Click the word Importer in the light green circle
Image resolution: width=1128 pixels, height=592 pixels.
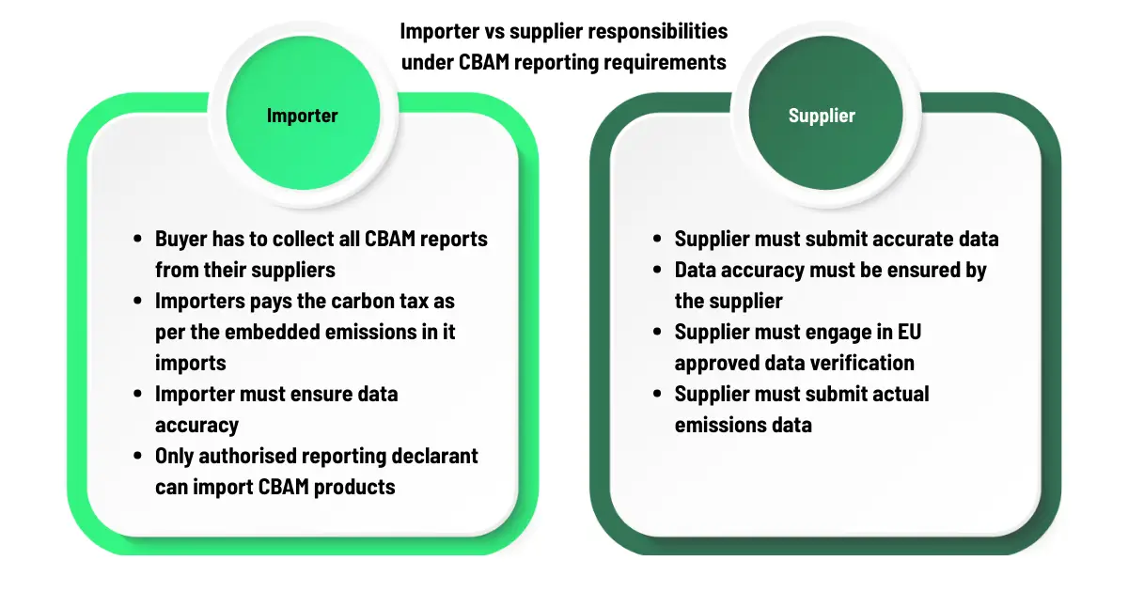click(302, 116)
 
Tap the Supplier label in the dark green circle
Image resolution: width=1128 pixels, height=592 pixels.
click(822, 116)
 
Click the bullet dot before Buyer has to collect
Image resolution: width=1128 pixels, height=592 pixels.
click(137, 239)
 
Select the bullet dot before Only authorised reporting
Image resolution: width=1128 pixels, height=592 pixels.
click(137, 456)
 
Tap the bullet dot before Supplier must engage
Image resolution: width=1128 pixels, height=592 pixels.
click(657, 332)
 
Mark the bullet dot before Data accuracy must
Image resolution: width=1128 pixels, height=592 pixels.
click(657, 270)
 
